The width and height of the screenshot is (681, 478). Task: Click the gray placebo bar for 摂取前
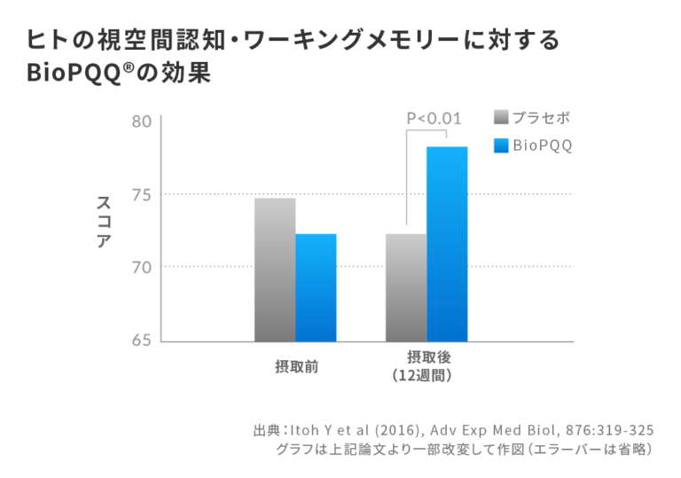click(275, 270)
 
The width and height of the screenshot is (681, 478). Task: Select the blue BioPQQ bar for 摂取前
click(316, 287)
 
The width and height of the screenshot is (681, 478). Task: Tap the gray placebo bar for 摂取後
click(406, 287)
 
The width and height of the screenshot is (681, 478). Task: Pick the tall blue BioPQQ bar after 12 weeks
click(447, 244)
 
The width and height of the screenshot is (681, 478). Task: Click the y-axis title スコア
click(104, 222)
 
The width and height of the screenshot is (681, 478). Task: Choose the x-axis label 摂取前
click(296, 367)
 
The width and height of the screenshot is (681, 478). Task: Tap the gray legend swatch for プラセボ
click(501, 118)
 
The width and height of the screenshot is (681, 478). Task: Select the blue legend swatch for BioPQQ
click(501, 145)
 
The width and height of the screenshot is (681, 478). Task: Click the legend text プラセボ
click(541, 118)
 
